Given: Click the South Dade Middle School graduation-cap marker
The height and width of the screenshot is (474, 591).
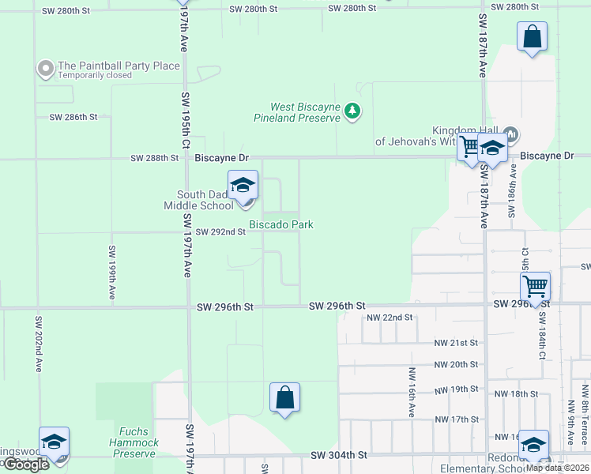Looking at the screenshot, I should tap(243, 186).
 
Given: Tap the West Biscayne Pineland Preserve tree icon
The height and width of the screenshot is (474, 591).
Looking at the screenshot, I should tap(352, 112).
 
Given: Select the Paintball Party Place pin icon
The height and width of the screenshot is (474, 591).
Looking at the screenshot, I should tap(45, 69).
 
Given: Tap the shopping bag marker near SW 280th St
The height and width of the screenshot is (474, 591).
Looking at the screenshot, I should tap(532, 36).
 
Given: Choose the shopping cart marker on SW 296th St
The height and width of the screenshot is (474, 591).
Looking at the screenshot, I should tap(535, 286).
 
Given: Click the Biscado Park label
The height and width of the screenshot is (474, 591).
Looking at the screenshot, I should tap(281, 224).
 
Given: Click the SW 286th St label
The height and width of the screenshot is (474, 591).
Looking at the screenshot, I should tap(73, 117).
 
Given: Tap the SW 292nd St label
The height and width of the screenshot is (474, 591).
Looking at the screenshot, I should tap(221, 232).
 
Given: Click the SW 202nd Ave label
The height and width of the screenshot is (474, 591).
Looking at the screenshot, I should tap(37, 344).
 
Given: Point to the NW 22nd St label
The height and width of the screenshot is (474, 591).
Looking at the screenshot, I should tap(390, 318).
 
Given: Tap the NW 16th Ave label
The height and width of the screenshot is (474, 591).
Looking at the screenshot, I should tap(412, 392).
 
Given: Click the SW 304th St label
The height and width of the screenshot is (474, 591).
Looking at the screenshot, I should tap(339, 455).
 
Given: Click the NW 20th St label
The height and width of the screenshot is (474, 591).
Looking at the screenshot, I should tap(457, 364).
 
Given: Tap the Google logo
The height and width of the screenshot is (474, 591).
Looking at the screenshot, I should tap(26, 465).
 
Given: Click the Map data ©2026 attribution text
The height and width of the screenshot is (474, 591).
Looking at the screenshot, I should tap(556, 467).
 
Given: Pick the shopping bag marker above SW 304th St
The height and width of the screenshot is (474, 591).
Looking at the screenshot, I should tap(284, 397).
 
